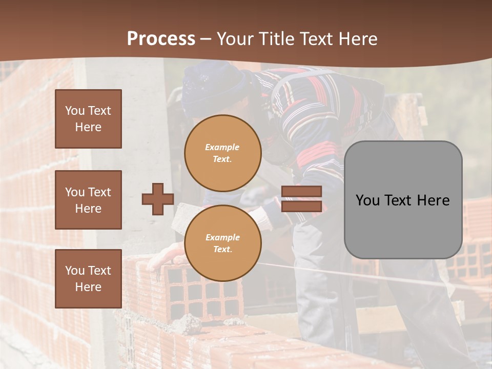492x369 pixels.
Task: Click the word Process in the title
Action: (161, 39)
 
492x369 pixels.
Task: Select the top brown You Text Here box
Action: (88, 119)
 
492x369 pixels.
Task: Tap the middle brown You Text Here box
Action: (88, 200)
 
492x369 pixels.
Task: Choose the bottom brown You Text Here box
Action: (88, 278)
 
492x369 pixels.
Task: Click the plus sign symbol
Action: (158, 199)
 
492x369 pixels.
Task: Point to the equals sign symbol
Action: (301, 199)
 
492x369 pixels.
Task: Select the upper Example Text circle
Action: (222, 153)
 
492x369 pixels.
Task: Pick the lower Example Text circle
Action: (222, 243)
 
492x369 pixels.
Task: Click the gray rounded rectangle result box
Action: (403, 200)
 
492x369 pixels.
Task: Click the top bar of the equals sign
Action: (301, 192)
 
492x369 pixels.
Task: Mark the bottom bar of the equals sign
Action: (301, 207)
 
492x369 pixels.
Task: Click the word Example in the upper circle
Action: (222, 147)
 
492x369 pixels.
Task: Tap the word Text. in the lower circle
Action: (222, 250)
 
